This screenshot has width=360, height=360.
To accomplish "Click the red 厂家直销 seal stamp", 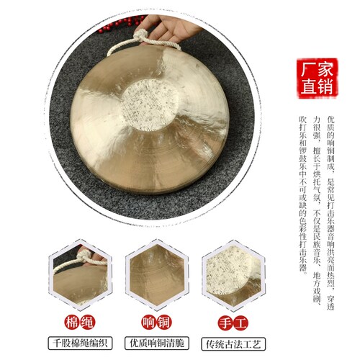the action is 317,78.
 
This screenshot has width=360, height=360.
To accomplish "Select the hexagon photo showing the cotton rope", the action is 81,275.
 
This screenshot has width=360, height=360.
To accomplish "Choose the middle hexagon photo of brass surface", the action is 157,275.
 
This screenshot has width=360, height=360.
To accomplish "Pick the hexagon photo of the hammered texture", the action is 233,275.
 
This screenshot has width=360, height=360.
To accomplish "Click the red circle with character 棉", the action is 72,323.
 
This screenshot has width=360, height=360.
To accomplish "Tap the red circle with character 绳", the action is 88,323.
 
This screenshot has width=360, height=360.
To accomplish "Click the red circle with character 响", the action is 149,323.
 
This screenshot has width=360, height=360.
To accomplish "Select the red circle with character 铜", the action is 165,323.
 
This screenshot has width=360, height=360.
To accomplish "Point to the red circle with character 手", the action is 225,323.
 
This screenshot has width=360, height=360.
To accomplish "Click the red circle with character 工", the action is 240,323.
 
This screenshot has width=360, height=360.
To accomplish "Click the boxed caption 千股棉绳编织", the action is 80,343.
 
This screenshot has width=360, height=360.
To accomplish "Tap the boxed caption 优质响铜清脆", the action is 157,343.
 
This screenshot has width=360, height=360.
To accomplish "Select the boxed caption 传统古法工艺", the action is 233,344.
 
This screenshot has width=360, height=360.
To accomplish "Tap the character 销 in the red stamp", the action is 325,86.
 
